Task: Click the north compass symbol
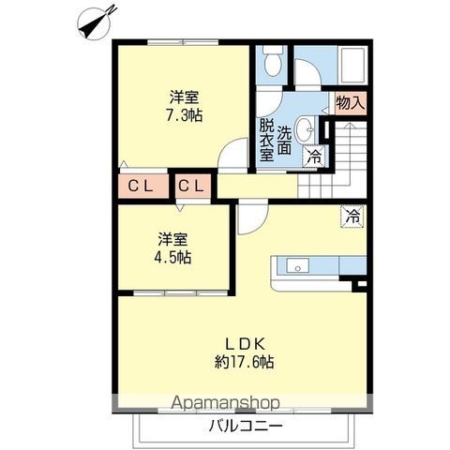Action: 97,22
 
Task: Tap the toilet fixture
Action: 273,61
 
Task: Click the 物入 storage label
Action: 351,103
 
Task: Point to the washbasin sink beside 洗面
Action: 306,129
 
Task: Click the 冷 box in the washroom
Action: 315,157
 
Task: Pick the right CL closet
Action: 191,187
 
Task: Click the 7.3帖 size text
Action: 185,116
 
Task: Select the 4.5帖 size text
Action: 172,258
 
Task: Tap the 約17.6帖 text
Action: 245,362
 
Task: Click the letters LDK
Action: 246,344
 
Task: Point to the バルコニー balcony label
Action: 246,426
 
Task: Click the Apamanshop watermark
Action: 225,402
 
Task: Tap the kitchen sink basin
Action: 298,265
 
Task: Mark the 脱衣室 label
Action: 266,140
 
